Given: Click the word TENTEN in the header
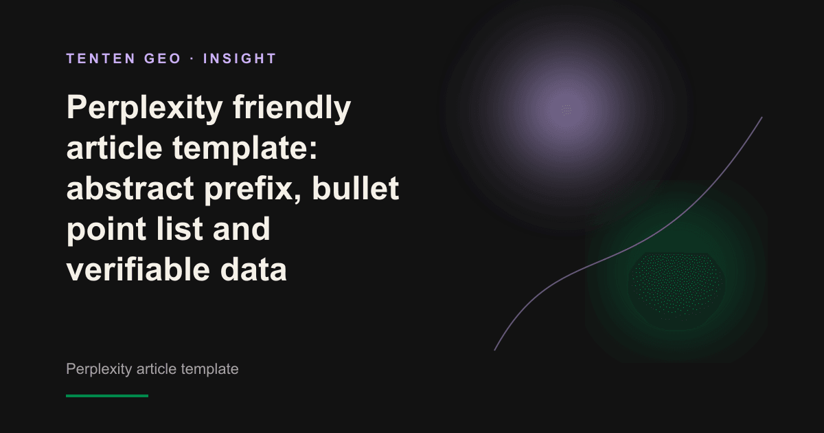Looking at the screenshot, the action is click(x=101, y=58).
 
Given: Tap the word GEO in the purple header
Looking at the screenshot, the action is click(x=163, y=58).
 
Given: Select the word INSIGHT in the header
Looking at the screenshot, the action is click(x=240, y=58).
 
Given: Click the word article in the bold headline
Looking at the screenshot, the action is click(x=115, y=148).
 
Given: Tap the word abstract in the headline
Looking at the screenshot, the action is click(x=130, y=188).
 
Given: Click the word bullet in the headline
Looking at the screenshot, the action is click(x=356, y=188).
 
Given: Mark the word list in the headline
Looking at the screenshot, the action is click(x=179, y=229).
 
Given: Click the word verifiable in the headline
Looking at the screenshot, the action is click(x=138, y=269).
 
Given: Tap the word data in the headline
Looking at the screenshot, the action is click(x=253, y=269).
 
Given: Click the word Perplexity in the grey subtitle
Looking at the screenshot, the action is click(x=99, y=369).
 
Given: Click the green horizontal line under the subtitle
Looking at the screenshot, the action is click(x=107, y=396).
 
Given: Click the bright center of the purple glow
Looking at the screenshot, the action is click(x=566, y=109).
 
